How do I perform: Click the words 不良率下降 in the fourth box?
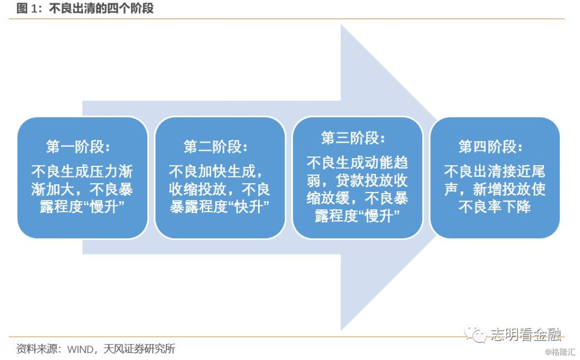[x=495, y=206]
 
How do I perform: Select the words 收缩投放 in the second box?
[x=198, y=189]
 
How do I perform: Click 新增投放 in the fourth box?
[x=502, y=189]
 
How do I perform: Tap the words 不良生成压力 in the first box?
[x=75, y=172]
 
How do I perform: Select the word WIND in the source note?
[x=80, y=349]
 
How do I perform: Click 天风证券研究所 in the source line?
[x=139, y=348]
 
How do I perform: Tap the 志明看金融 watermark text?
[x=526, y=334]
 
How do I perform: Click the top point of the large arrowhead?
[x=341, y=25]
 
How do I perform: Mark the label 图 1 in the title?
[x=27, y=8]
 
